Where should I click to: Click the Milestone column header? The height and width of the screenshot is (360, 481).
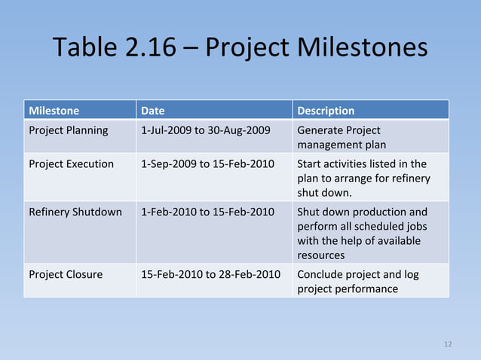[x=54, y=111]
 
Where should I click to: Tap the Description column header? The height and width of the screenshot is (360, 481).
[x=326, y=111]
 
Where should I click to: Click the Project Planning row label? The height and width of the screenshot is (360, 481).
[x=69, y=130]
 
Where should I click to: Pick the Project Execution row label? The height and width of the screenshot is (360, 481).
[x=71, y=163]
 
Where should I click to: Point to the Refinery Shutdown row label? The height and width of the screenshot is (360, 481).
[x=75, y=212]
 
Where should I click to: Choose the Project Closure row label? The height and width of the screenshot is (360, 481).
[x=66, y=274]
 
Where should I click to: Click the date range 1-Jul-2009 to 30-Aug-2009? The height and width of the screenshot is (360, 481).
[x=206, y=130]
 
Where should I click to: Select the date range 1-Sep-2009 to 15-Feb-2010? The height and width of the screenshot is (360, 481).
[x=207, y=163]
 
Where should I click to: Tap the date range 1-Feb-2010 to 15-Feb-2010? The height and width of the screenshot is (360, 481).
[x=207, y=212]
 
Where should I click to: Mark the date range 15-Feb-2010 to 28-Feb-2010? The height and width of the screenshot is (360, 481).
[x=210, y=274]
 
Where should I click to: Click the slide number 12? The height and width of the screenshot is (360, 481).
[x=448, y=344]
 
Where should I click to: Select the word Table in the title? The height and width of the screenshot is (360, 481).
[x=83, y=48]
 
